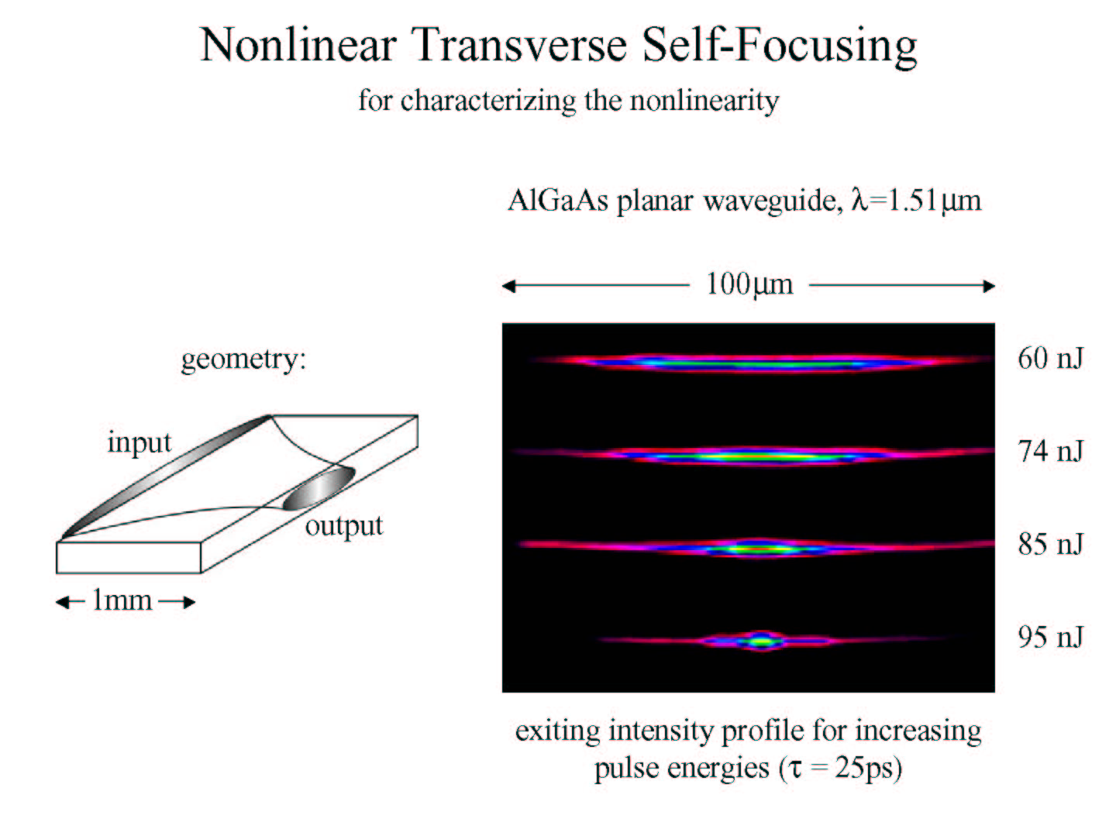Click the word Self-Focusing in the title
[x=780, y=46]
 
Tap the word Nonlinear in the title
[x=298, y=45]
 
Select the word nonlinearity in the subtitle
[x=704, y=101]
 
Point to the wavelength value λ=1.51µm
[x=917, y=200]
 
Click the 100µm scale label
[x=749, y=284]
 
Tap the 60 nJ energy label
[x=1050, y=358]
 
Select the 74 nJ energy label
[x=1050, y=451]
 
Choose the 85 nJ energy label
[x=1050, y=544]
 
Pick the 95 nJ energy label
[x=1050, y=638]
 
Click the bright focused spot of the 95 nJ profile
[x=761, y=642]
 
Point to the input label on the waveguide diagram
[x=139, y=442]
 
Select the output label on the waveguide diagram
[x=343, y=527]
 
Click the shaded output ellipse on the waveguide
[x=319, y=488]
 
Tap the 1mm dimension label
[x=122, y=600]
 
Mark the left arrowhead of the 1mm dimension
[x=62, y=603]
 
